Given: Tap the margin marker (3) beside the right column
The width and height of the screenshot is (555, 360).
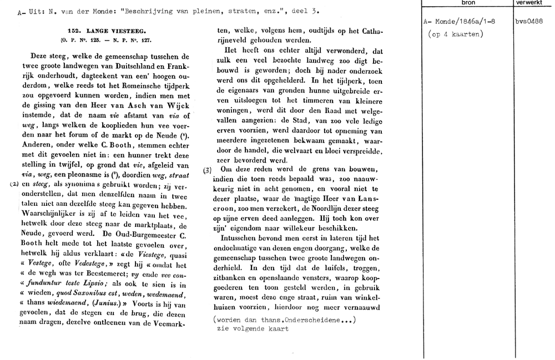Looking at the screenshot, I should coord(207,170).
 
